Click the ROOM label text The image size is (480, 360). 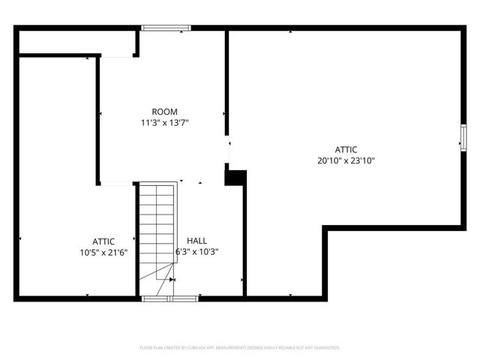tap(164, 112)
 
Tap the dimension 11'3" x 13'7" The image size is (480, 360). tap(164, 122)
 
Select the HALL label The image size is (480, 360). tap(197, 241)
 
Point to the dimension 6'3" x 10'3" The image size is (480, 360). tap(197, 252)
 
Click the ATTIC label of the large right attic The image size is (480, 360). tap(346, 149)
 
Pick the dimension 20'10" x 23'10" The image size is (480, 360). tap(346, 160)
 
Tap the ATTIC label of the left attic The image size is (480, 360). tap(103, 241)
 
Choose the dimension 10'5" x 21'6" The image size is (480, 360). tap(103, 252)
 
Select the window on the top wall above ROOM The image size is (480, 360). tap(166, 28)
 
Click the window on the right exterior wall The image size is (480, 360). tap(463, 137)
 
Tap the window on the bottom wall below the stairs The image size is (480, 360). tap(169, 298)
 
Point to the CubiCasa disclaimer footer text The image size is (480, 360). tap(240, 348)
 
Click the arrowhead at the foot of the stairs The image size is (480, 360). tap(172, 280)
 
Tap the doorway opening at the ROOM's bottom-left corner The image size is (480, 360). tap(116, 183)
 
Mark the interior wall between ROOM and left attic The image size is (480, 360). tap(98, 120)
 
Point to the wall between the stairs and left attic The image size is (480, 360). tap(137, 240)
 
